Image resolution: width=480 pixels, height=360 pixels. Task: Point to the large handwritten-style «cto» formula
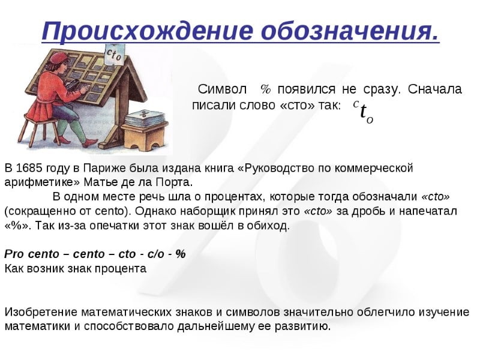(x=363, y=111)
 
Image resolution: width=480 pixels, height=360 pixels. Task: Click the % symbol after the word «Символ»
(x=266, y=89)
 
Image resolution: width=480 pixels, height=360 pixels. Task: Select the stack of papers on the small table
(x=144, y=118)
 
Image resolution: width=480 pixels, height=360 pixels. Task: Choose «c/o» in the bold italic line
(x=156, y=254)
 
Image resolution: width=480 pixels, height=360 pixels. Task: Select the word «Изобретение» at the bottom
(x=41, y=312)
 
